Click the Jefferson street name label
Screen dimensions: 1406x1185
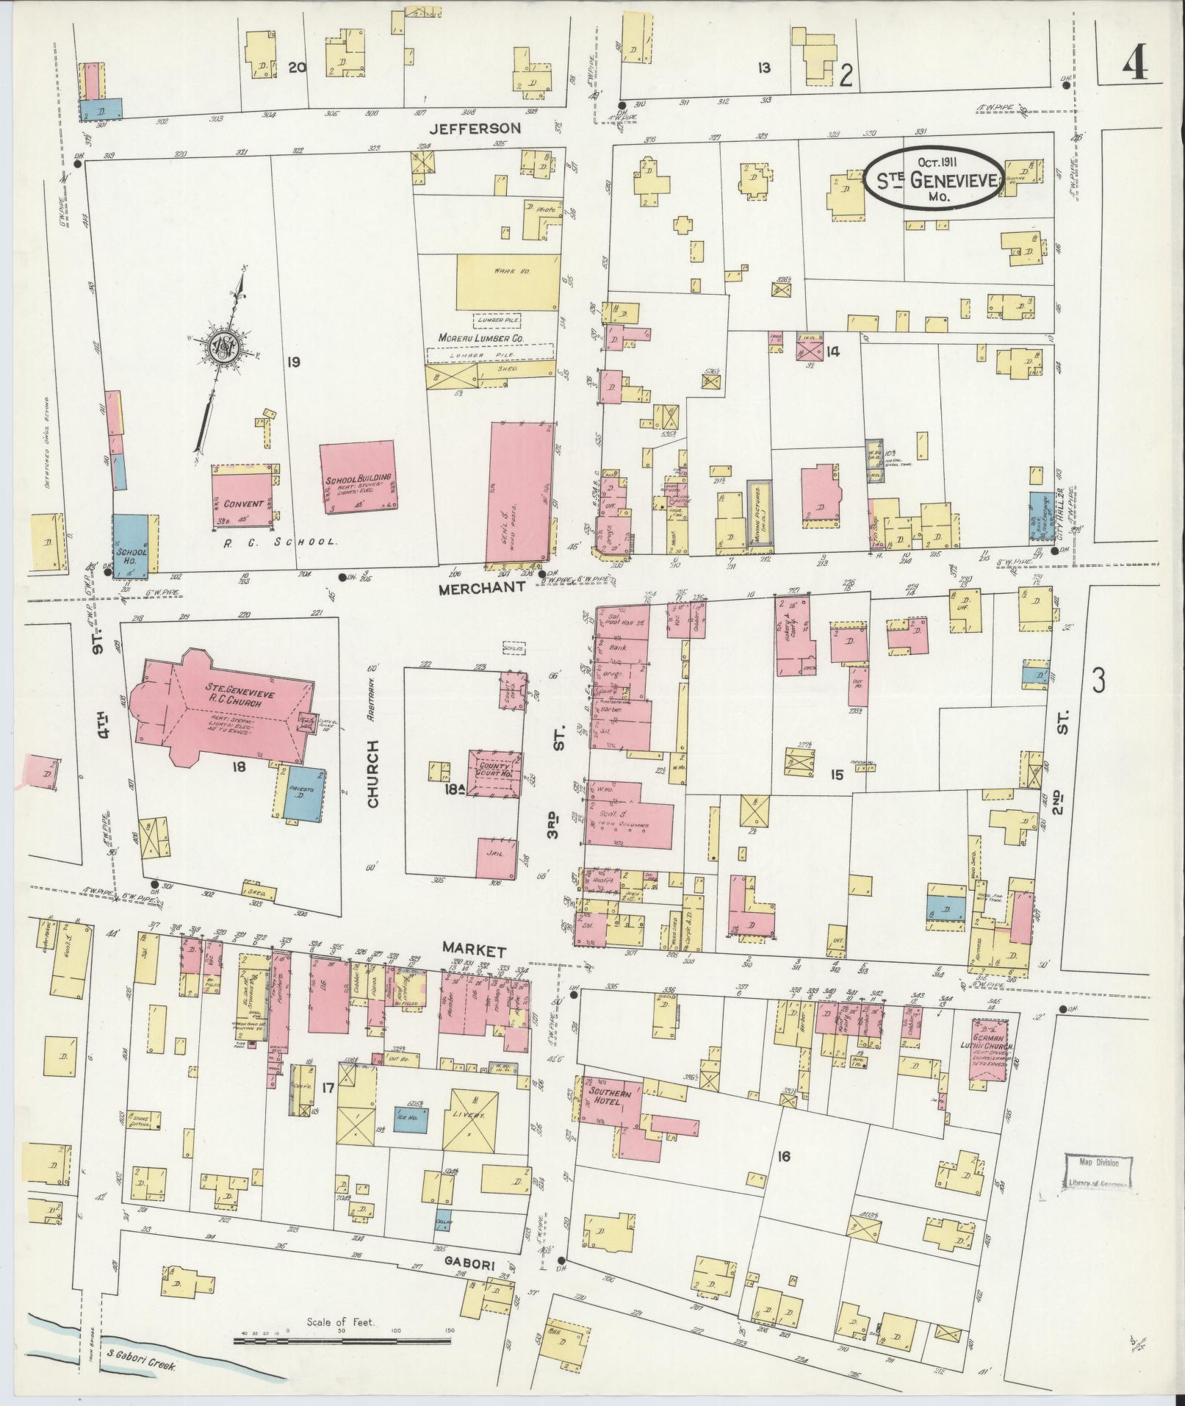click(x=475, y=128)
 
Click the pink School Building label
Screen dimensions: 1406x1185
click(x=360, y=478)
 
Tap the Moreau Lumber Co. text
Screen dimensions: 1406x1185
click(x=480, y=337)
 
